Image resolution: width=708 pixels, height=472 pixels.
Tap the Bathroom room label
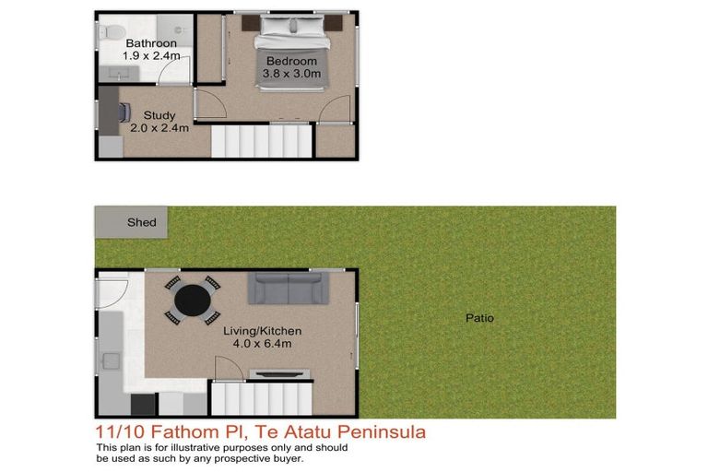[151, 43]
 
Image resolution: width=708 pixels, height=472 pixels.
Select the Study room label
[159, 116]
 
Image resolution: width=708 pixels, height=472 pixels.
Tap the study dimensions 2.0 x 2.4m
[159, 128]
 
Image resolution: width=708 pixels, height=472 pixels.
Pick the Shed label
[142, 222]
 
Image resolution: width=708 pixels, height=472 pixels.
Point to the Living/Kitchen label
[263, 331]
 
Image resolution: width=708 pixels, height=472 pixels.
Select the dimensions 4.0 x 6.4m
[263, 344]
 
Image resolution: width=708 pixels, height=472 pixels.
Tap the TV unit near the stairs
[280, 373]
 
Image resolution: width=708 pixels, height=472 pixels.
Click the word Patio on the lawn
[479, 318]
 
